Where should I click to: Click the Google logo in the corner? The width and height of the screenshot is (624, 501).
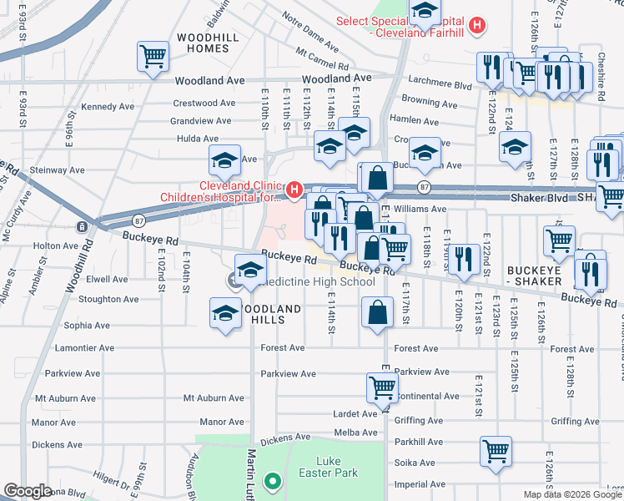[28, 490]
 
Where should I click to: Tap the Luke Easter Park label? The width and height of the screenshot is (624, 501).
[337, 467]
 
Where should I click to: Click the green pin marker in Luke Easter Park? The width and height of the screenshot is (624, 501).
[271, 481]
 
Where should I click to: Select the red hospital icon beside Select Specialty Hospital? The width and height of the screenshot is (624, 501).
[476, 26]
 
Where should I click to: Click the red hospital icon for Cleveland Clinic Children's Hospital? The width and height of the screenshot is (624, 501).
[294, 191]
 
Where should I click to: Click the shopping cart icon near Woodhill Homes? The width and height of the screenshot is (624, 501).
[153, 58]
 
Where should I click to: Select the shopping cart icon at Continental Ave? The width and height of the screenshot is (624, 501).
[381, 387]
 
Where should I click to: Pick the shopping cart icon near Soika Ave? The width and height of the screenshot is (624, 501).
[496, 452]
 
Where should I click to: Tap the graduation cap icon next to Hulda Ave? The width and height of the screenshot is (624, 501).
[224, 159]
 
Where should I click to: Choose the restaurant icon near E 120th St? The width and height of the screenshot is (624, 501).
[463, 258]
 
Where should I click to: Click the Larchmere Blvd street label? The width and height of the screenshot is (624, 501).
[440, 84]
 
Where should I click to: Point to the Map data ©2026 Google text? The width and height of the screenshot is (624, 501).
[572, 494]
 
